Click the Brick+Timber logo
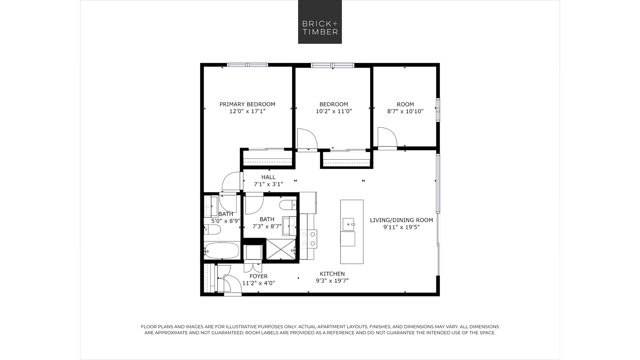[320, 22]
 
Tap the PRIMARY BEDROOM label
[247, 104]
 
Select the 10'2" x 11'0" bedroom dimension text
[334, 111]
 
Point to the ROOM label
[405, 104]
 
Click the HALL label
[268, 177]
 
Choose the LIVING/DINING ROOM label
[401, 220]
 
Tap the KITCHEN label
[332, 274]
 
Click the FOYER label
[259, 276]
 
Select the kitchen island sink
[348, 224]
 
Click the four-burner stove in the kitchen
[308, 239]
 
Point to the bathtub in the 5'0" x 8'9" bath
[221, 251]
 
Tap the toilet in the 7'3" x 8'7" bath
[288, 205]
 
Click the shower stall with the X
[281, 249]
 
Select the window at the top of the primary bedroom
[247, 65]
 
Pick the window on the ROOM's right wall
[438, 110]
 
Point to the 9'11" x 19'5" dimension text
[401, 227]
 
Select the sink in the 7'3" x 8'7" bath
[289, 226]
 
